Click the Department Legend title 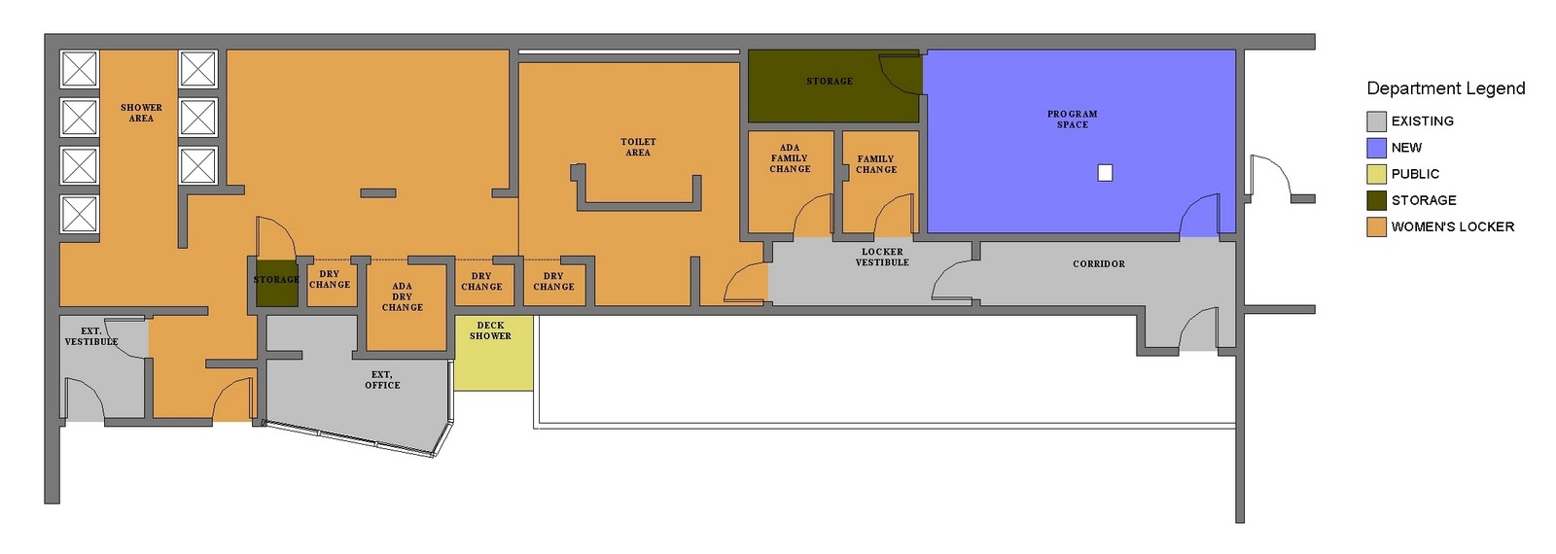(1445, 88)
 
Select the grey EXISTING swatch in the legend (1376, 121)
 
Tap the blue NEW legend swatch (1376, 148)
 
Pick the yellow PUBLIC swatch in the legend (1376, 174)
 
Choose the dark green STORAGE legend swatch (1376, 200)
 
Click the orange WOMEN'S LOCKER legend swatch (1376, 226)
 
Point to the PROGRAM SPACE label (1072, 120)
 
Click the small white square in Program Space (1105, 173)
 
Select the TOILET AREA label (638, 147)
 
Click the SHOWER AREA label (141, 113)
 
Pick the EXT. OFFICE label (382, 380)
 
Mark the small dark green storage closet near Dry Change (276, 284)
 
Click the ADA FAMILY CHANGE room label (790, 158)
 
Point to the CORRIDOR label (1098, 263)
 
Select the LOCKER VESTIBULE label (882, 257)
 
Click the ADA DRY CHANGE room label (402, 297)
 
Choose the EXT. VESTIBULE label (90, 336)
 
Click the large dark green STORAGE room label (829, 82)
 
